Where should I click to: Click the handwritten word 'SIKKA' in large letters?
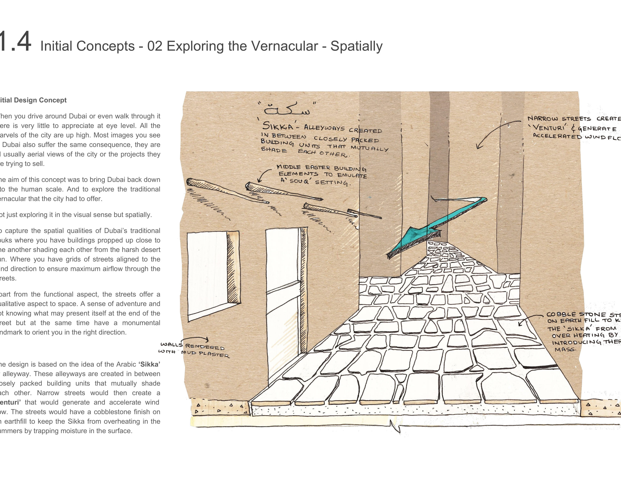click(x=278, y=126)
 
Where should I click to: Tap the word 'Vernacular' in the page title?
click(x=284, y=46)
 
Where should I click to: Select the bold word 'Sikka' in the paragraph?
click(x=149, y=364)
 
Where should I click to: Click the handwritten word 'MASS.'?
click(x=565, y=349)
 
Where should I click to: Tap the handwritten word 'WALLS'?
click(x=171, y=345)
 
